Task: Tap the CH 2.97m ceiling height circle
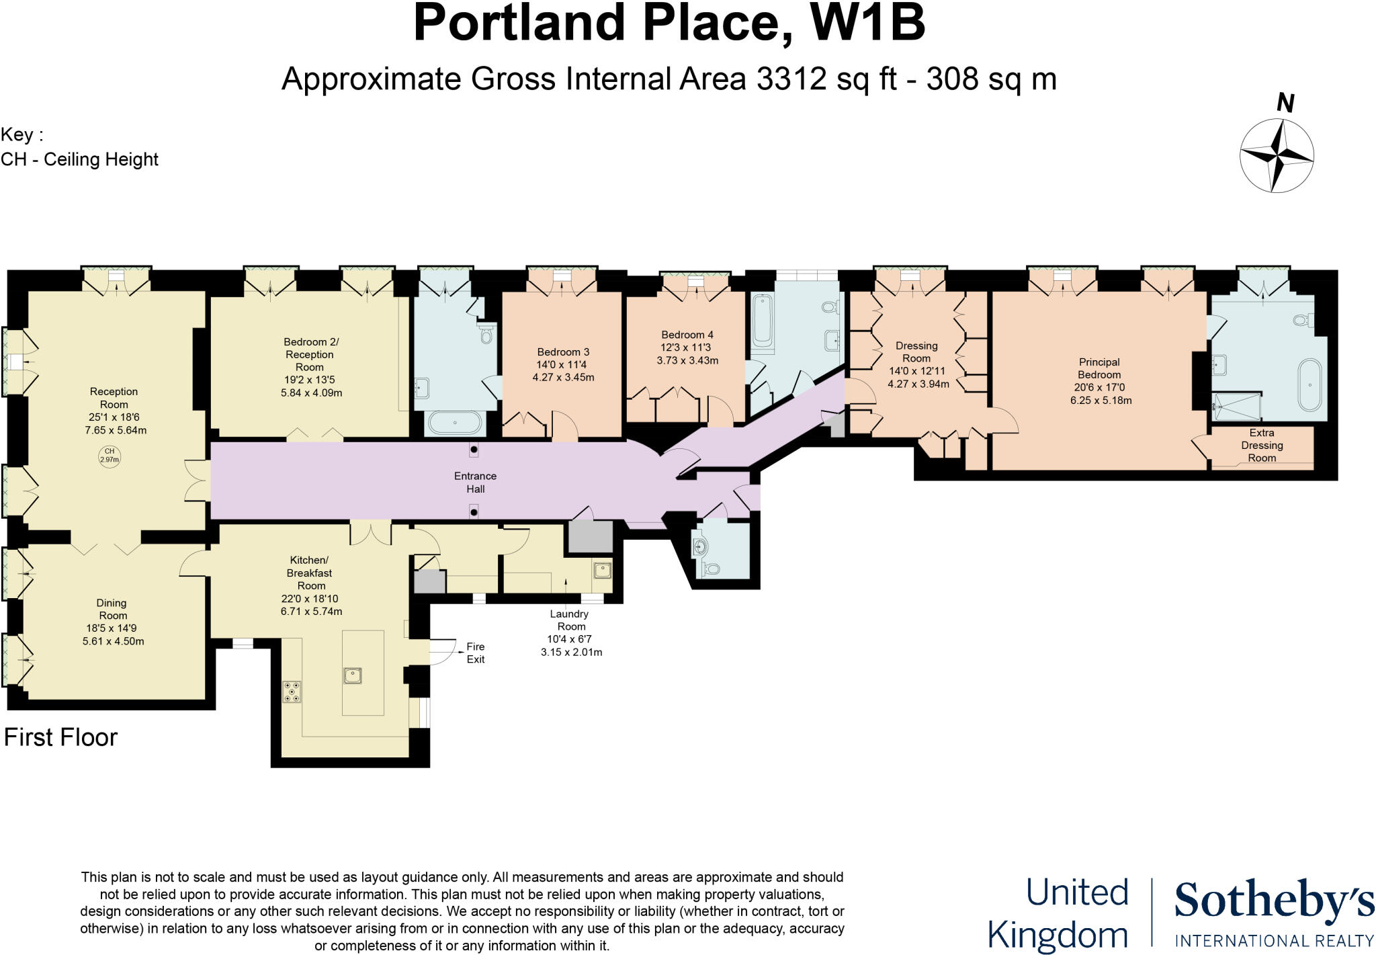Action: pyautogui.click(x=109, y=456)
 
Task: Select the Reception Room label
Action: pyautogui.click(x=114, y=398)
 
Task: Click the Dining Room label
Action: pyautogui.click(x=112, y=609)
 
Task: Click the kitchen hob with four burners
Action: pyautogui.click(x=292, y=692)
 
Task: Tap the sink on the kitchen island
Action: pyautogui.click(x=352, y=674)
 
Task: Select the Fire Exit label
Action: pyautogui.click(x=475, y=653)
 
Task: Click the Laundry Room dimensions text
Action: pyautogui.click(x=571, y=646)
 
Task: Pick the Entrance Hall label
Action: pyautogui.click(x=475, y=482)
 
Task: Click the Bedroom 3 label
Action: pyautogui.click(x=563, y=351)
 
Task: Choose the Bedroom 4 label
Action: pyautogui.click(x=687, y=334)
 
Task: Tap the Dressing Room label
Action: pyautogui.click(x=916, y=351)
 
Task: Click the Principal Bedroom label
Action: pyautogui.click(x=1099, y=368)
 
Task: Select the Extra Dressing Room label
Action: pyautogui.click(x=1262, y=445)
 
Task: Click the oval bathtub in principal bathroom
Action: pyautogui.click(x=1309, y=385)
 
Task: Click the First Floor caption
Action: pyautogui.click(x=60, y=737)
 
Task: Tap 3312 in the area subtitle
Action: pyautogui.click(x=791, y=79)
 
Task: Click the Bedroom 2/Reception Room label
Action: pyautogui.click(x=310, y=354)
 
